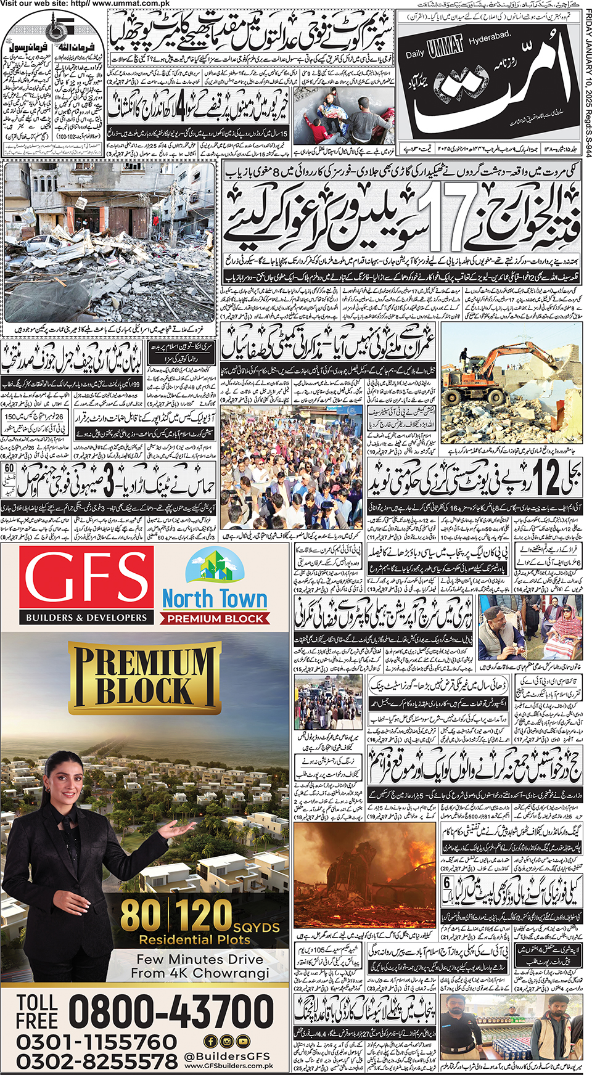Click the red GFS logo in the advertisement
point(86,579)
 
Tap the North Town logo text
point(215,599)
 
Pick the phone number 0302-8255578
point(96,1062)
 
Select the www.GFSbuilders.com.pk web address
point(228,1066)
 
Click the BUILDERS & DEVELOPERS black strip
point(86,617)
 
